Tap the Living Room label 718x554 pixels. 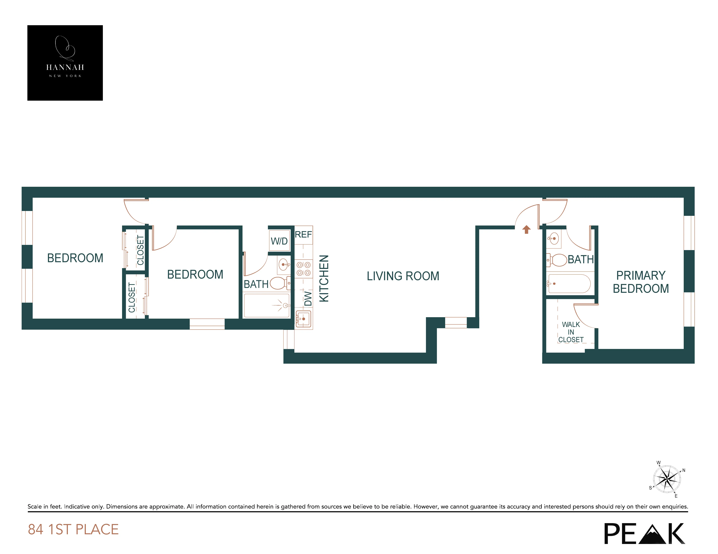403,276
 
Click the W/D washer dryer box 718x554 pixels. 279,241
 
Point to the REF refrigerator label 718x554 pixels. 303,235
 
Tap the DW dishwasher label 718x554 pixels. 308,298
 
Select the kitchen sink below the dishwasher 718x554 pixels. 303,319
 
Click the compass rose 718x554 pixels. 666,479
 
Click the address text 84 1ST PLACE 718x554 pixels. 73,529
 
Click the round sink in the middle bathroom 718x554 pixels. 284,264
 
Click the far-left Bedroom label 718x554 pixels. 75,258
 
